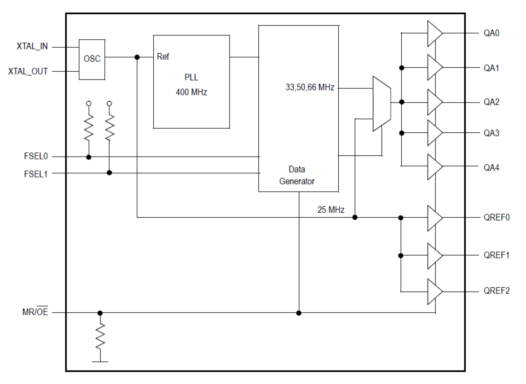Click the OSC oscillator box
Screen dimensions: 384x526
click(92, 59)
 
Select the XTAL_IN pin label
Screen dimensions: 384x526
click(32, 47)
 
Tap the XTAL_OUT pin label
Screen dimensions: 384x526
click(28, 72)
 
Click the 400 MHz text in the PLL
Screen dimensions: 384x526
click(191, 92)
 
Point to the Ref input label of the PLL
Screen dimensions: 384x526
click(163, 57)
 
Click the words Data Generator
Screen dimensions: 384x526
click(297, 175)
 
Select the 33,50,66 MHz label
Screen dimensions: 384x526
click(310, 88)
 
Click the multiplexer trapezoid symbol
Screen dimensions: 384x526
click(382, 103)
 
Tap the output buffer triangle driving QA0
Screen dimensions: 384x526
click(434, 34)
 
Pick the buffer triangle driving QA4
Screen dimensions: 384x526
click(434, 167)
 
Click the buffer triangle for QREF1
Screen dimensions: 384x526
click(434, 256)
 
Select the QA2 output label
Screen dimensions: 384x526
click(491, 102)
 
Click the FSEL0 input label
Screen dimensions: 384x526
click(36, 157)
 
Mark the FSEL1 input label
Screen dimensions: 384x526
click(36, 173)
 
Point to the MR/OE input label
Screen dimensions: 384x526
click(35, 312)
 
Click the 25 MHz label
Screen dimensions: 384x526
click(331, 210)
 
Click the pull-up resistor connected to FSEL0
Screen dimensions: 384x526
click(89, 128)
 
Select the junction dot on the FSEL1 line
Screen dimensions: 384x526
click(109, 173)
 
